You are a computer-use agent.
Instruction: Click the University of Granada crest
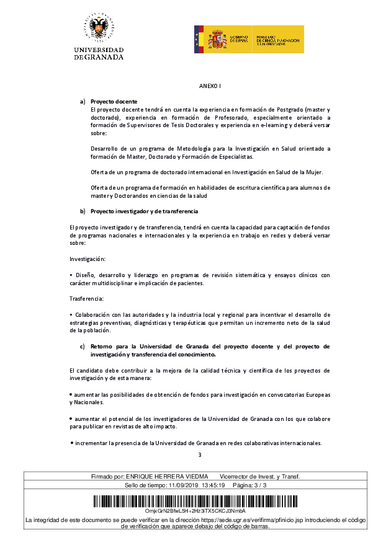(99, 28)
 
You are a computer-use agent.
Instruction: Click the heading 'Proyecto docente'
(114, 102)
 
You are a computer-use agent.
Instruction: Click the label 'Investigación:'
(88, 258)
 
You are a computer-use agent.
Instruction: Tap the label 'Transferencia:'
(87, 299)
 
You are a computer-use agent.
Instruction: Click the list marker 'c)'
(82, 347)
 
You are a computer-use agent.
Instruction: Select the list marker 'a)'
(82, 102)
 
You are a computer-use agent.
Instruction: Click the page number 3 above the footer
(200, 456)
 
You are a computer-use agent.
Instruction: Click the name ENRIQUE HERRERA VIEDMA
(167, 476)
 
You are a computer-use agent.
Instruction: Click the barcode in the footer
(195, 500)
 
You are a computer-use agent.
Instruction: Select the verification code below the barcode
(195, 510)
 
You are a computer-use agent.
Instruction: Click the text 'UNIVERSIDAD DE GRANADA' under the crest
(99, 53)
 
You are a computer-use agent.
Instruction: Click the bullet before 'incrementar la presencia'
(72, 443)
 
